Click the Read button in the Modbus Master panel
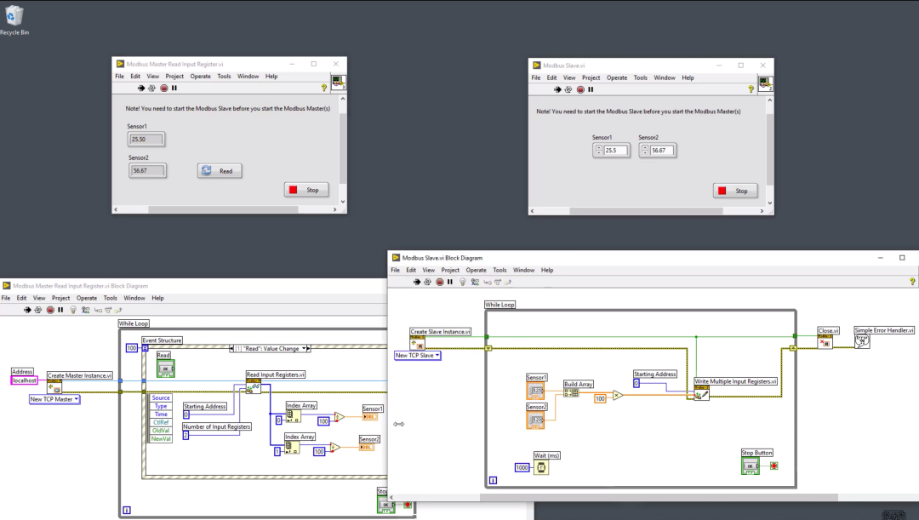point(220,171)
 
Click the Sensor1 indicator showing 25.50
point(146,139)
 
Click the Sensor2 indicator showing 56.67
point(147,171)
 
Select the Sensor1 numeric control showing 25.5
point(615,151)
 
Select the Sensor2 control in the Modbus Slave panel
point(661,151)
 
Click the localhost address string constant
point(24,380)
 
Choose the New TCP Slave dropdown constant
point(418,355)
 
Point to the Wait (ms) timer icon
point(541,467)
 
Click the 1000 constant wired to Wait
point(522,467)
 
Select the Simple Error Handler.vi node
point(862,340)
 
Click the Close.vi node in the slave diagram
point(825,341)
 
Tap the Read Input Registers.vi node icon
point(254,387)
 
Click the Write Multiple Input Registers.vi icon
point(701,394)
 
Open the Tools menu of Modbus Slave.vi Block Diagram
point(499,270)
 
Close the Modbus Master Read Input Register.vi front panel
point(336,64)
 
